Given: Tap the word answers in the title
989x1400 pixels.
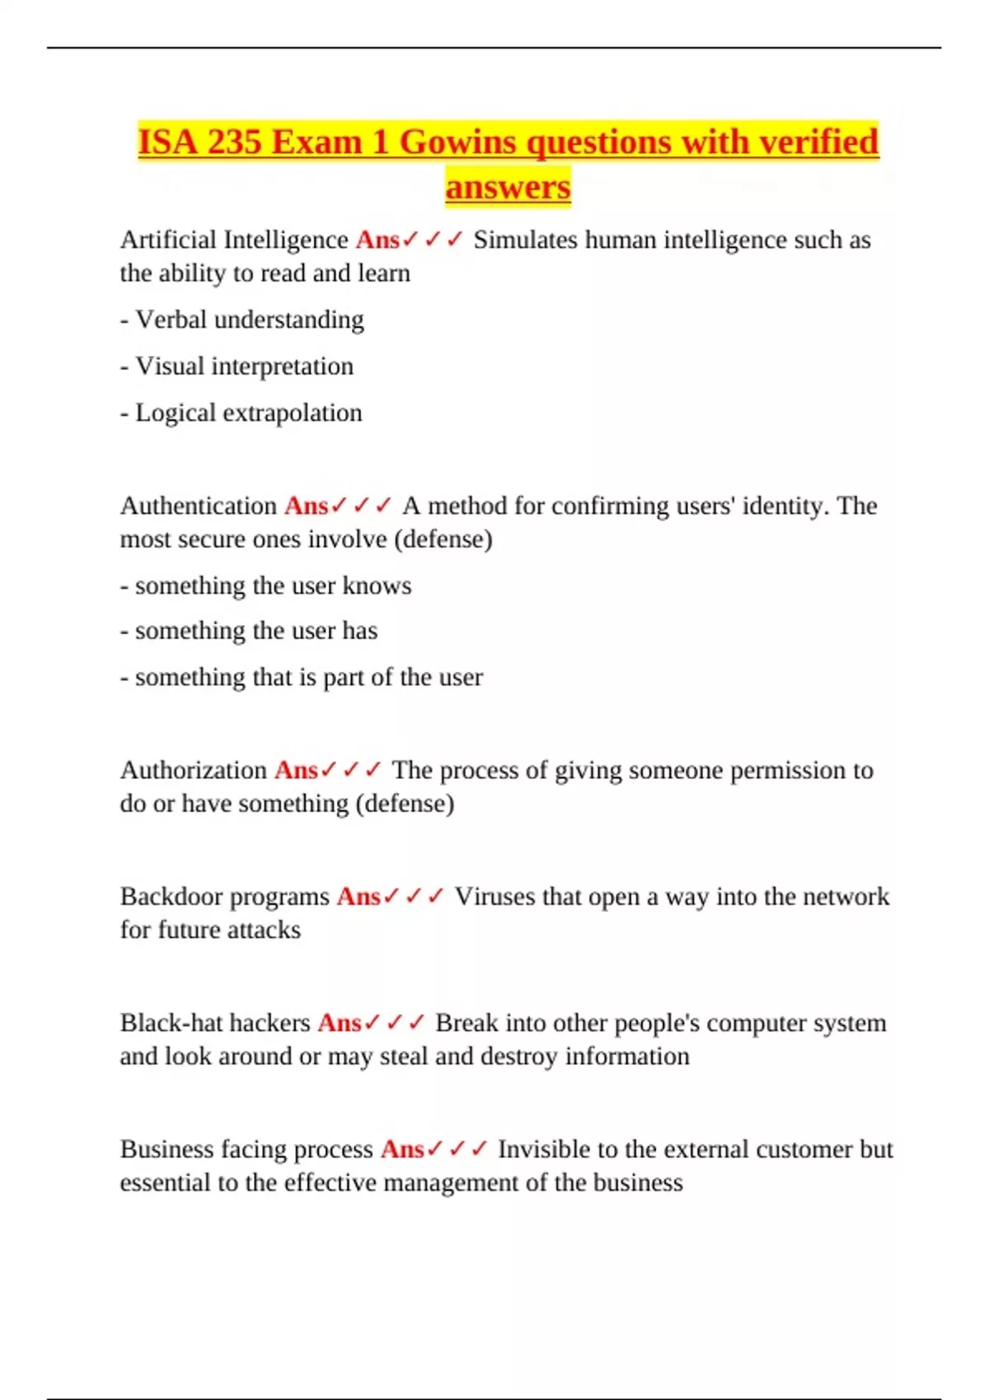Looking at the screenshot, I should click(508, 187).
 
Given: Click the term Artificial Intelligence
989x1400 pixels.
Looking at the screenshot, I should click(234, 240).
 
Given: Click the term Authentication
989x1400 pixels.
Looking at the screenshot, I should click(199, 506).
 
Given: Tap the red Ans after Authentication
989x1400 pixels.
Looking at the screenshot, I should click(306, 506).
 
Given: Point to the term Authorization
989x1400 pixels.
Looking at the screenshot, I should click(194, 770).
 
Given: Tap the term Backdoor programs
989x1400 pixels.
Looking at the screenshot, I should click(224, 896).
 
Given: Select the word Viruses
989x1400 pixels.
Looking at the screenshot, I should click(494, 896).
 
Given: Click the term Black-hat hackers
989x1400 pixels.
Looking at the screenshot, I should click(215, 1023).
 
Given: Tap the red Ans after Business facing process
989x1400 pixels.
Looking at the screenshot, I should click(402, 1149).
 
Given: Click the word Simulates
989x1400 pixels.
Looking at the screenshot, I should click(525, 240).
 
